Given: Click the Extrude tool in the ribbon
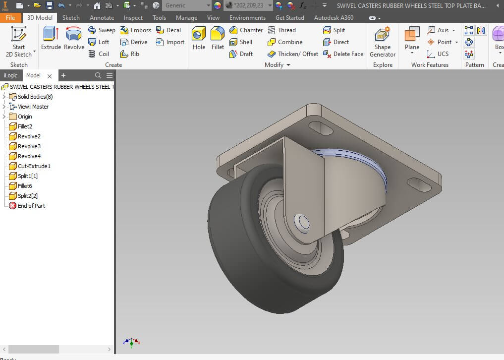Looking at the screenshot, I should point(51,38).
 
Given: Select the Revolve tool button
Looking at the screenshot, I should point(74,38).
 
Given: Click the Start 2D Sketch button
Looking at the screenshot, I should point(19,41).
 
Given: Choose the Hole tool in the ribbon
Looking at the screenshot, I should point(199,38).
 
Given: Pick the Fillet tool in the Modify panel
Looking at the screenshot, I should point(218,38).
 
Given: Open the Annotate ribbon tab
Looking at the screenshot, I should point(102,17).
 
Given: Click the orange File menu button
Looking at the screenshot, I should point(10,17).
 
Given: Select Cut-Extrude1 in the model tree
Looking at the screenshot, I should point(34,166).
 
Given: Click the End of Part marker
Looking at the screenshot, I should point(31,206).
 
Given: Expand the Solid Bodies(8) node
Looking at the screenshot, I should point(4,97).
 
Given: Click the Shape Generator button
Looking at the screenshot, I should point(383,41).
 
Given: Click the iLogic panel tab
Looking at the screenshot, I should point(10,75).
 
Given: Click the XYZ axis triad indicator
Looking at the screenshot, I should point(131,342).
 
